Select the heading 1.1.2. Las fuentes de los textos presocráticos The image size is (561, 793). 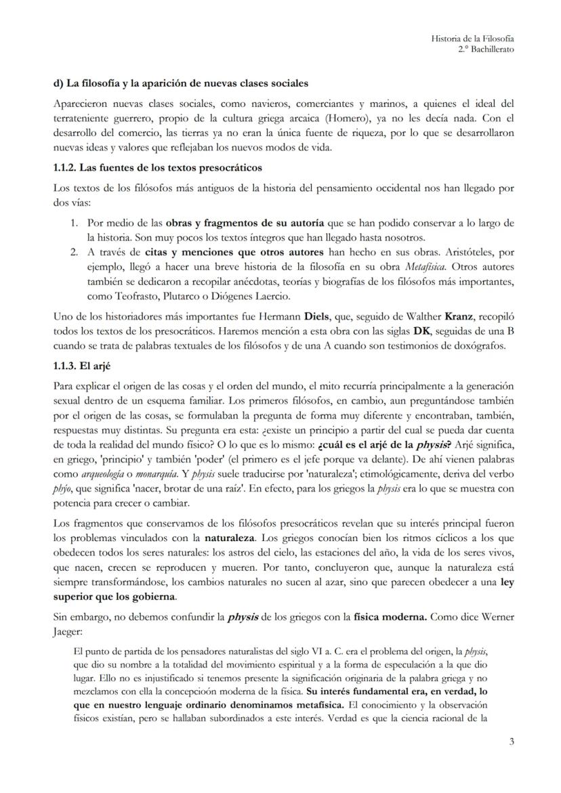[157, 167]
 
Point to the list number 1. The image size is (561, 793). [75, 223]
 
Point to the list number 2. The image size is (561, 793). [75, 252]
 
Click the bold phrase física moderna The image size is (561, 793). [390, 617]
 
